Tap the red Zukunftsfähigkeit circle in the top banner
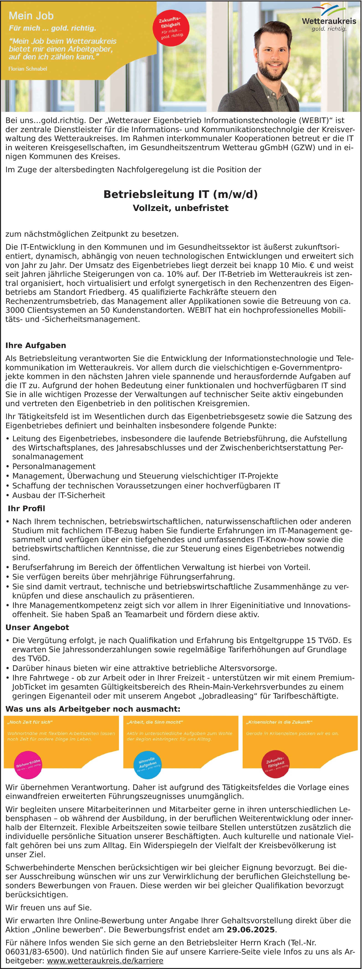coord(171,28)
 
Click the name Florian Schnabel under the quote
coord(28,69)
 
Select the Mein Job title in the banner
coord(31,16)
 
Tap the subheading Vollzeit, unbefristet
coord(181,208)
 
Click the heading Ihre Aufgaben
coord(36,345)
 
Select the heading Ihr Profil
coord(26,509)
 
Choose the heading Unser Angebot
coord(37,628)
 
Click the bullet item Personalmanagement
coord(54,467)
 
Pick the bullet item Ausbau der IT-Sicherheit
coord(59,495)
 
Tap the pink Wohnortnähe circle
coord(28,765)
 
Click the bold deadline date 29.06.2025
coord(251,930)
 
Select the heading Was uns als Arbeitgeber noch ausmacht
coord(93,709)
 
